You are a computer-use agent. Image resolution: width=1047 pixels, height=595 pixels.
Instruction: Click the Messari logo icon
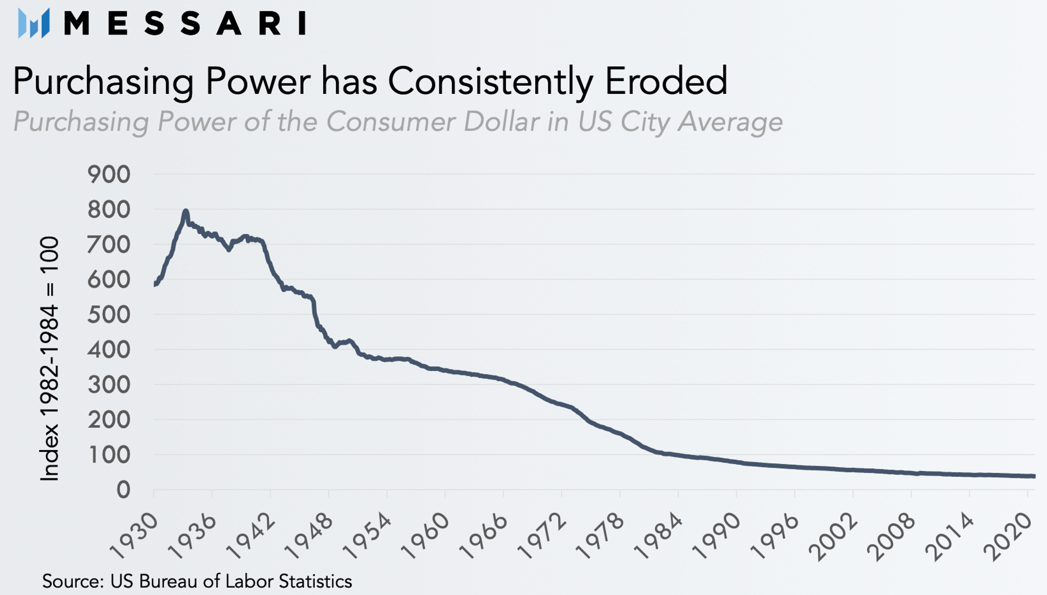[34, 23]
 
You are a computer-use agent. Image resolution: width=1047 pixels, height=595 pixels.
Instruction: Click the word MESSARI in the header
[185, 23]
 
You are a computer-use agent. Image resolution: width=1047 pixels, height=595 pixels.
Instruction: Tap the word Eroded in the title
[666, 81]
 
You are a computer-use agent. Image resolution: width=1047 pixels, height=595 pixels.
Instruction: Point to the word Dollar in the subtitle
[501, 121]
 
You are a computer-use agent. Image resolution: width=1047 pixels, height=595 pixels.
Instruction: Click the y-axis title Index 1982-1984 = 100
[49, 359]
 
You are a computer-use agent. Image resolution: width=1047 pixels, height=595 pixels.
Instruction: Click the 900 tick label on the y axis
[109, 175]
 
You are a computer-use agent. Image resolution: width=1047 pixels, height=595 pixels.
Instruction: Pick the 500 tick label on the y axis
[109, 315]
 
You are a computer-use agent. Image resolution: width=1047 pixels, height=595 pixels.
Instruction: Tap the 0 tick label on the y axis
[124, 490]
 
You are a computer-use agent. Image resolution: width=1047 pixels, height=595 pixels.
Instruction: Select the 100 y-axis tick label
[109, 455]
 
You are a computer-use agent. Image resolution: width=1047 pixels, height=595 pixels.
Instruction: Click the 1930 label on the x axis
[134, 536]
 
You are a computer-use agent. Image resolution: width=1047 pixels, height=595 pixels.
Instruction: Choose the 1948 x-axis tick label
[309, 536]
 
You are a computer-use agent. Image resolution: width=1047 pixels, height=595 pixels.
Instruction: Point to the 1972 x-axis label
[542, 536]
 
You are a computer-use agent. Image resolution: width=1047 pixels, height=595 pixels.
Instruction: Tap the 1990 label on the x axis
[717, 536]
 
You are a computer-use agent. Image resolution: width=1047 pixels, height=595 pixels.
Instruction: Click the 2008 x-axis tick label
[892, 536]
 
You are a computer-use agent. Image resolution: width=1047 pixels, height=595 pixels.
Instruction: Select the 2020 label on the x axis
[1008, 536]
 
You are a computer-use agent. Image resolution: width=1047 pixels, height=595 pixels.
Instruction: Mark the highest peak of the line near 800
[186, 212]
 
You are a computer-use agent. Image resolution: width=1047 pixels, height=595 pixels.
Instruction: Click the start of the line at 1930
[155, 284]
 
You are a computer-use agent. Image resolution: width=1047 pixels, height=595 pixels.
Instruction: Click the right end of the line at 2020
[1033, 476]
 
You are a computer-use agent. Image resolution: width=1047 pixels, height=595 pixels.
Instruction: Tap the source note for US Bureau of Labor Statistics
[197, 581]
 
